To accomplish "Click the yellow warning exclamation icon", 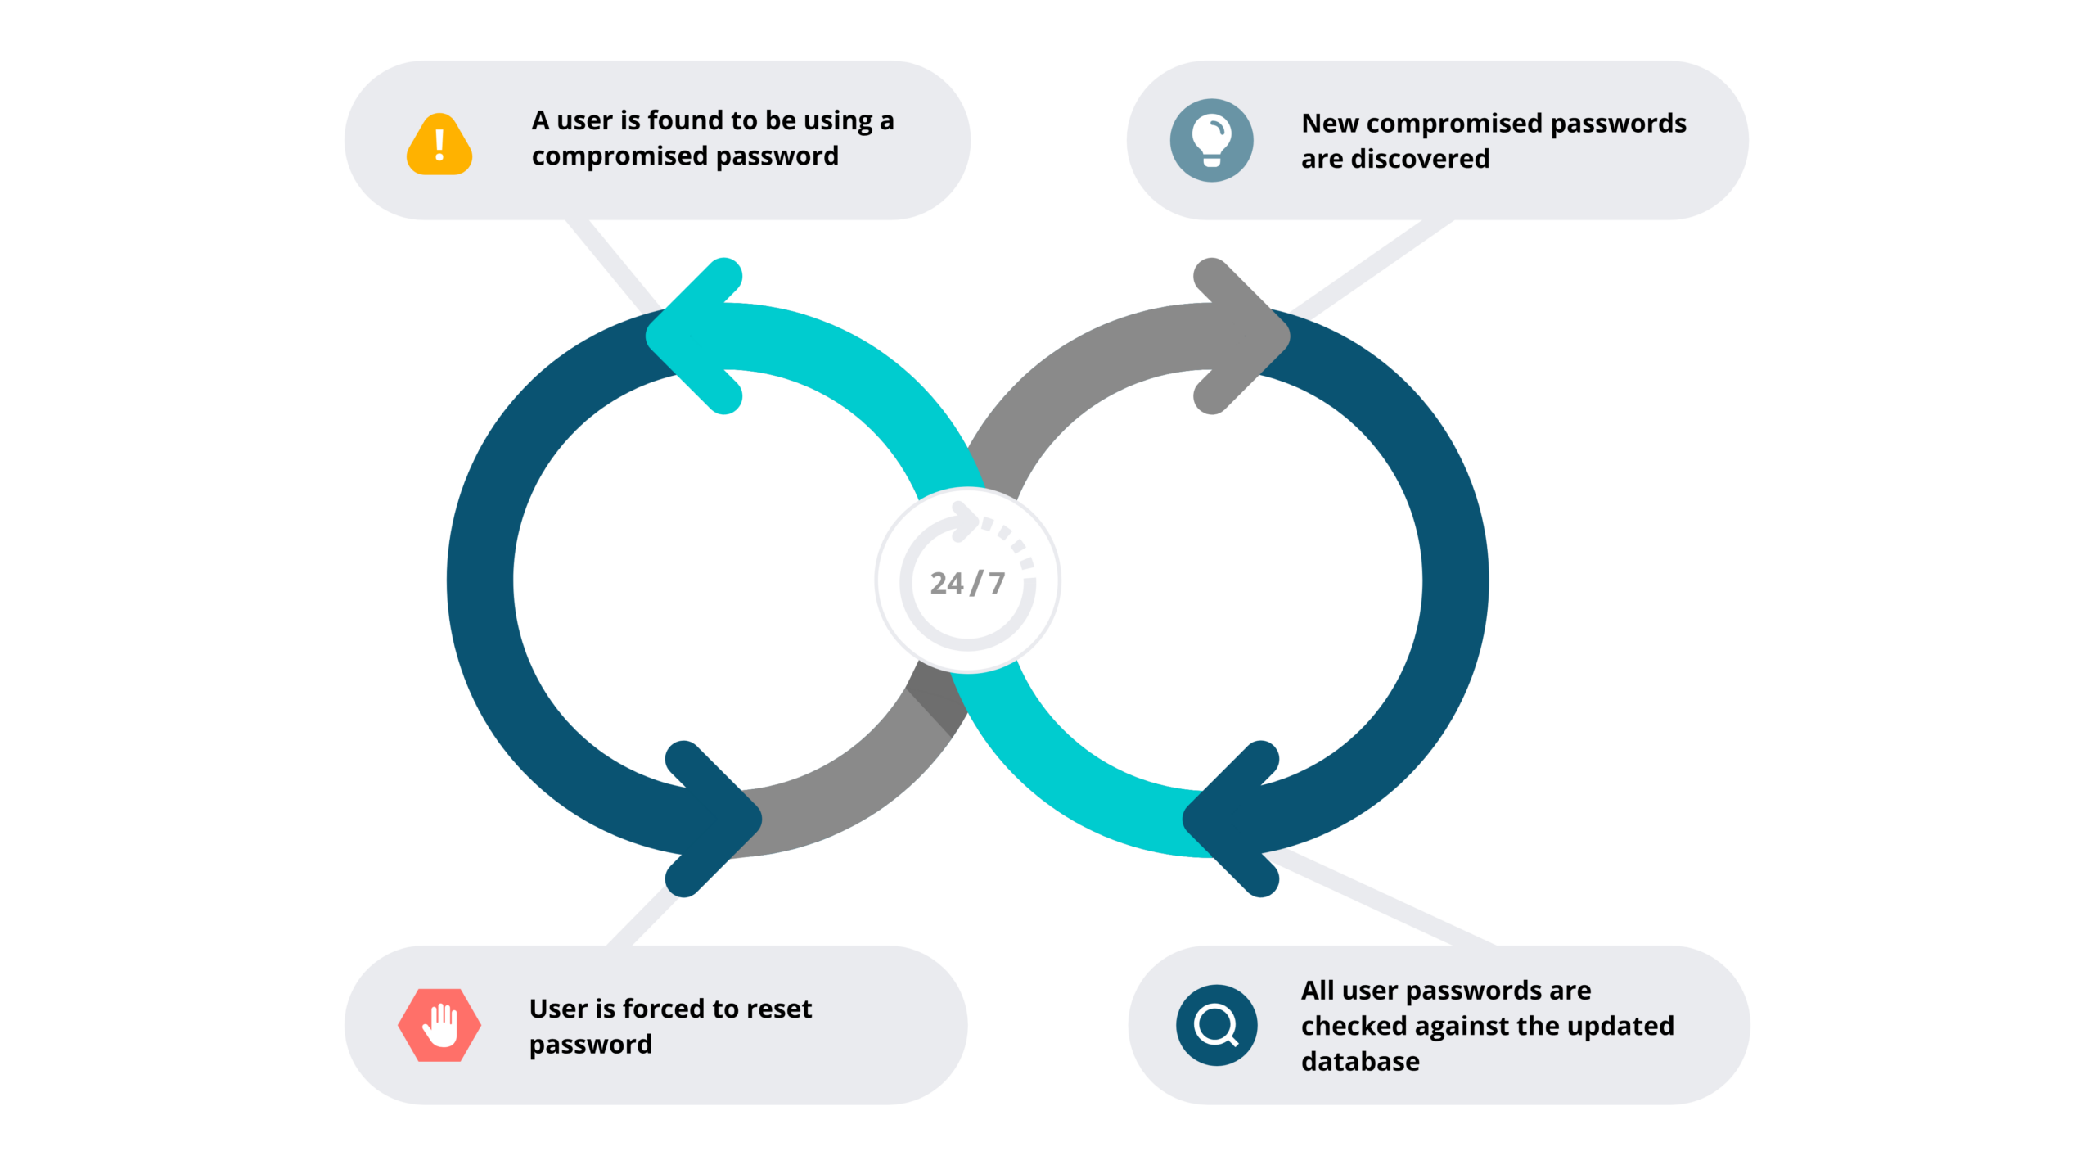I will tap(439, 145).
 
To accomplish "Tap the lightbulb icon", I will tap(1211, 140).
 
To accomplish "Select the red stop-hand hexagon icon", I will tap(439, 1025).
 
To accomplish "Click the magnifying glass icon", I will tap(1216, 1025).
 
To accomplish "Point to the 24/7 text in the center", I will tap(967, 583).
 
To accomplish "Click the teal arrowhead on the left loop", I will tap(696, 336).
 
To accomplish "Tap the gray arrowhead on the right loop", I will tap(1241, 336).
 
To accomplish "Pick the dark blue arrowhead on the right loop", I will tap(1231, 819).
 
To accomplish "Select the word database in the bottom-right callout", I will tap(1360, 1061).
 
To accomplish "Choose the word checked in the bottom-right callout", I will tap(1354, 1026).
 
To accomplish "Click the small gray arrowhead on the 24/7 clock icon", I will tap(966, 521).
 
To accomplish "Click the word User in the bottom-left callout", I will tap(558, 1009).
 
